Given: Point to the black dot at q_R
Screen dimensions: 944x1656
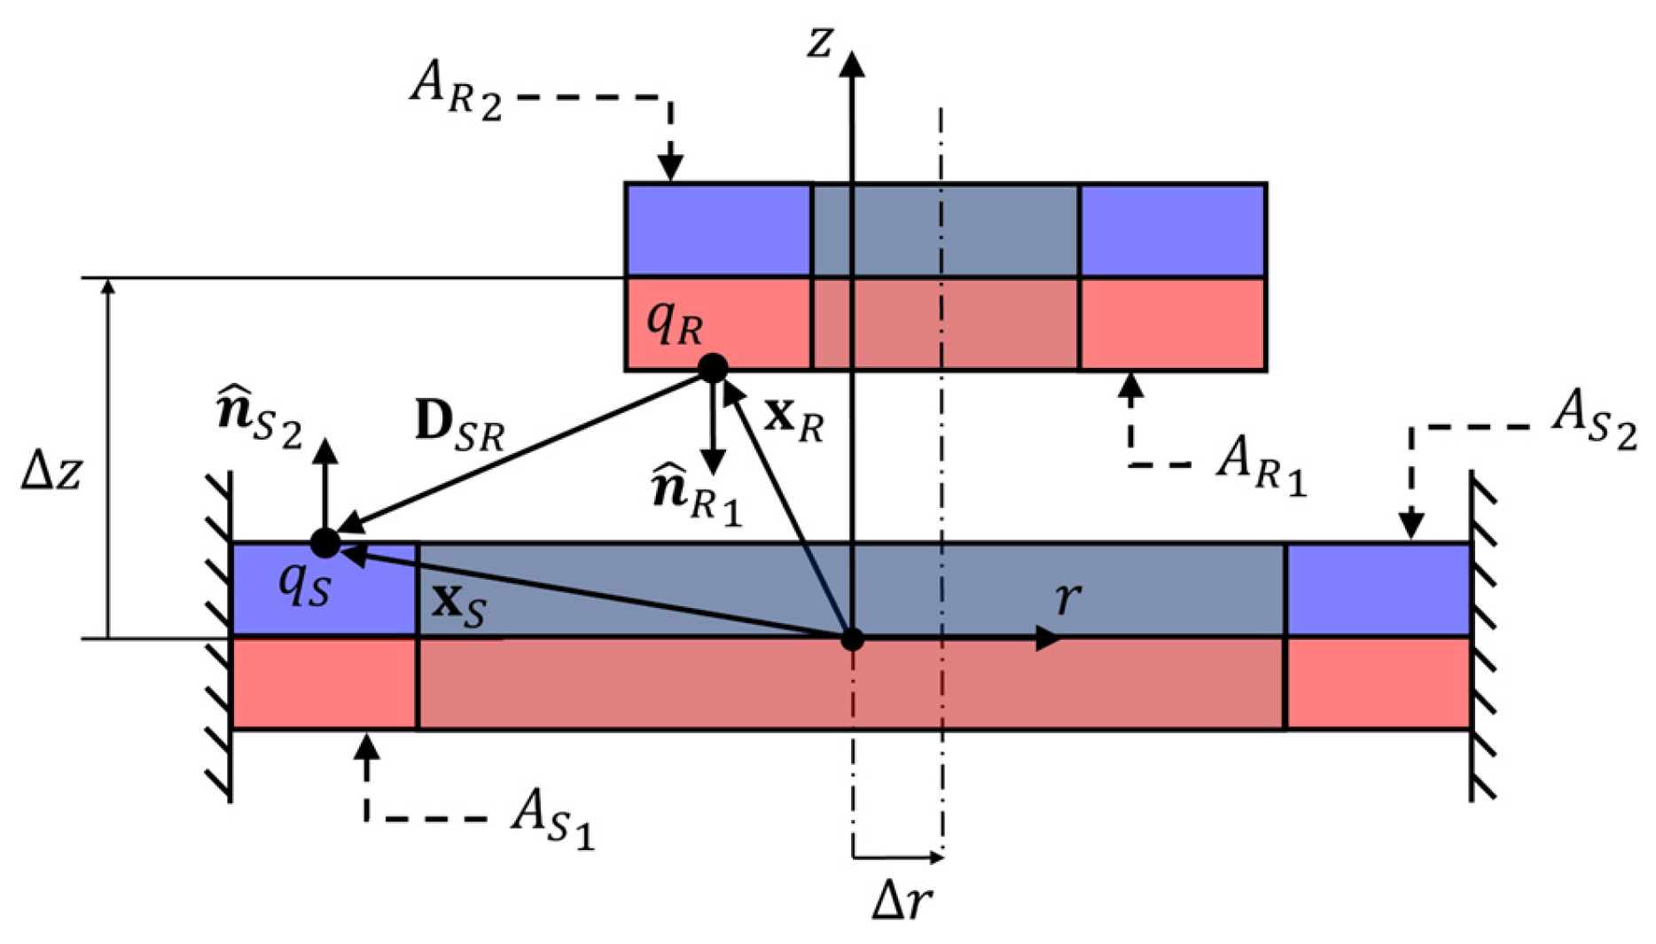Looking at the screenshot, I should click(x=713, y=368).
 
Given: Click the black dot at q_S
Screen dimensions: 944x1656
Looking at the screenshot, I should click(x=325, y=542).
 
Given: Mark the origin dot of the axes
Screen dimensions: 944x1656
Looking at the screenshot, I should click(x=852, y=638).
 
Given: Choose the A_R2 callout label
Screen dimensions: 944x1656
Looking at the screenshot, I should click(x=455, y=91).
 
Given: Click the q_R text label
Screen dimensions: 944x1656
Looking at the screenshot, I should click(x=674, y=324).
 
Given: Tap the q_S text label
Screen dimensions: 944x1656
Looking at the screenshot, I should click(x=304, y=584).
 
